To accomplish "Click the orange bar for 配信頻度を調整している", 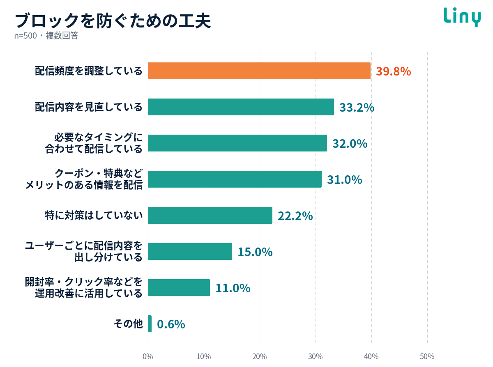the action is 259,71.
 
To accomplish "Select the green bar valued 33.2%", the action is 241,107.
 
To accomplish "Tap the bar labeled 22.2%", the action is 210,215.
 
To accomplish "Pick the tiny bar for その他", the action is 150,323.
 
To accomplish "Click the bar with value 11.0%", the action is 179,287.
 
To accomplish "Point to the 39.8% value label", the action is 393,71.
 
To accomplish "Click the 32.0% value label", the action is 350,144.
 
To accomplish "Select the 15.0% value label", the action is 255,252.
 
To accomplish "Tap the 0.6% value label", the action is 171,324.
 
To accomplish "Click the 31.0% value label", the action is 344,180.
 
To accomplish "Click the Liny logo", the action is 462,17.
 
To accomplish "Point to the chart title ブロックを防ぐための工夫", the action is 113,21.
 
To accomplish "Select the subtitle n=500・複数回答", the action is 46,36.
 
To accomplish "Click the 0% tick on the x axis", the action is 148,357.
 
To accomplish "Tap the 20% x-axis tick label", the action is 259,357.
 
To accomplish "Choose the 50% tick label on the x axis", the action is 427,357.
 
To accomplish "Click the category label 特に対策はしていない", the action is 94,215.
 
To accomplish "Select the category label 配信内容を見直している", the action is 89,107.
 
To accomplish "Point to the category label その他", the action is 128,323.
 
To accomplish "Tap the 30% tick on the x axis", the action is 316,357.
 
